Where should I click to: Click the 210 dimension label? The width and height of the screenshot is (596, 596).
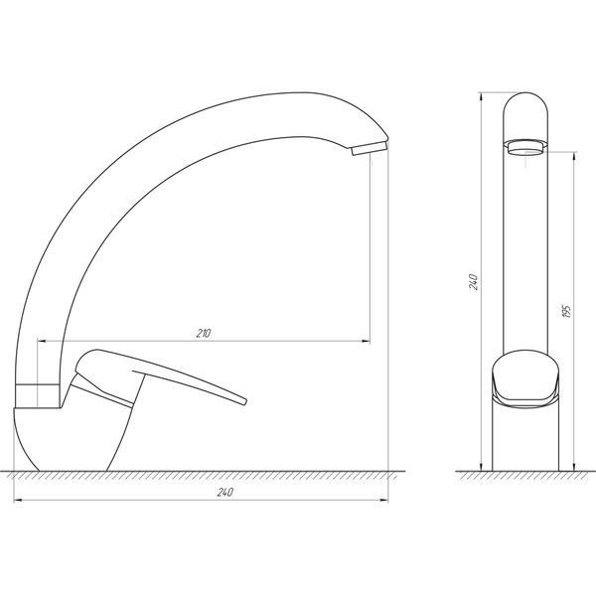click(x=204, y=334)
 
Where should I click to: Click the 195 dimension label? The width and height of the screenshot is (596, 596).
click(x=567, y=311)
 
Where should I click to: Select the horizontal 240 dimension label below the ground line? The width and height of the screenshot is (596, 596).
click(x=225, y=493)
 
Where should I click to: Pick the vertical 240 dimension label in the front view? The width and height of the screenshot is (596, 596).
click(x=473, y=282)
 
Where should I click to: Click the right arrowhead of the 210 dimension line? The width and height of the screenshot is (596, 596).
click(x=366, y=341)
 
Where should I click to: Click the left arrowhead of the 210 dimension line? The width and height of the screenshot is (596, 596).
click(x=42, y=341)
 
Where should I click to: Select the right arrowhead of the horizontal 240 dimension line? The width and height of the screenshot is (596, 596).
click(x=383, y=501)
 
